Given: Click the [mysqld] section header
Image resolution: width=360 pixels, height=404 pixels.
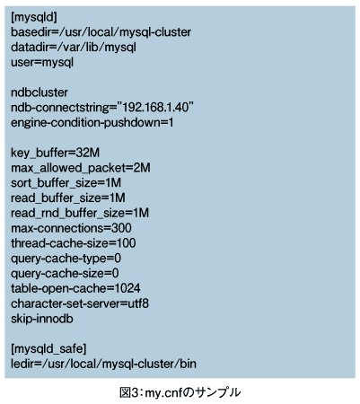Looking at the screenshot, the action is coord(34,17).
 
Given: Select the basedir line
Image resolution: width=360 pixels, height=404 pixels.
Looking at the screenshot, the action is coord(101,32).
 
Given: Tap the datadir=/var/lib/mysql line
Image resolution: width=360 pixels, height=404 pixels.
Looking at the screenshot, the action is coord(74,48).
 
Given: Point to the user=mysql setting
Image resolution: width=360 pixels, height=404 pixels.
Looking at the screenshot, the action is coord(42,63).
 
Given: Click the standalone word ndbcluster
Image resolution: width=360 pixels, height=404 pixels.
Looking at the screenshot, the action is coord(40,92).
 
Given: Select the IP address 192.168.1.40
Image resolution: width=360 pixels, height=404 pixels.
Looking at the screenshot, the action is coord(155,108).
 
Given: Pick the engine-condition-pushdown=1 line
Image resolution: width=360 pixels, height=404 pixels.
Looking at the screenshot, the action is coord(92,123).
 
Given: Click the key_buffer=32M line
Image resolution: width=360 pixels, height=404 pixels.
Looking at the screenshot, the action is coord(55,153).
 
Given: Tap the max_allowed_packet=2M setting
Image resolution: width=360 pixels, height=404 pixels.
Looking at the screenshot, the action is coord(81,168).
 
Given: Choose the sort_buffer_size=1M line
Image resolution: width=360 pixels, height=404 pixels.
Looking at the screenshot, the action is coord(66,183).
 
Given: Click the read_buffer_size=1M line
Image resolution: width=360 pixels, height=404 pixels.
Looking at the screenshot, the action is coord(68,198).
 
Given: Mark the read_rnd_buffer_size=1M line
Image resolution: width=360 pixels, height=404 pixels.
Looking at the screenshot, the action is coord(80,213).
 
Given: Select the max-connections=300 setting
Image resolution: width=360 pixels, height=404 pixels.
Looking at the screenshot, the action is coord(71,228).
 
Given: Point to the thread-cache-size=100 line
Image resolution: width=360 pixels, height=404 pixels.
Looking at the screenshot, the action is coord(74,243).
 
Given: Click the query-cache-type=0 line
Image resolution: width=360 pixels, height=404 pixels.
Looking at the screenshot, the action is coord(66,259).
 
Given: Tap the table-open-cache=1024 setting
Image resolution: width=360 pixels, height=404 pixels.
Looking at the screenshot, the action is coord(75,288).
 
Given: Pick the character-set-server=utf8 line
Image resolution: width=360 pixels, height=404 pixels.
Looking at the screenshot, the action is coord(80,303).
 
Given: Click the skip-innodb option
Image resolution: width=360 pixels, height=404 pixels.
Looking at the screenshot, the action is coord(42,319).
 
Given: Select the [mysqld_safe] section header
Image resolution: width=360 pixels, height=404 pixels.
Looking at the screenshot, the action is coord(48,349).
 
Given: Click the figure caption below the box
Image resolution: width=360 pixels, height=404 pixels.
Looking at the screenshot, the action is coord(180,392).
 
